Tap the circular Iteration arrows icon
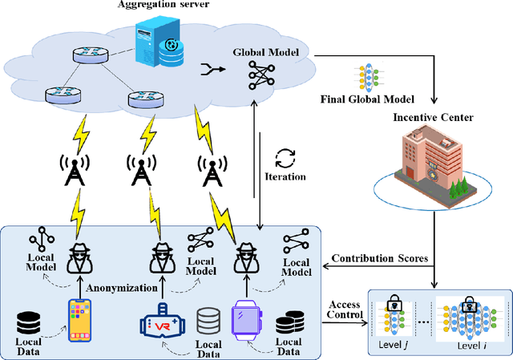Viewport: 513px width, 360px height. (x=284, y=156)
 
